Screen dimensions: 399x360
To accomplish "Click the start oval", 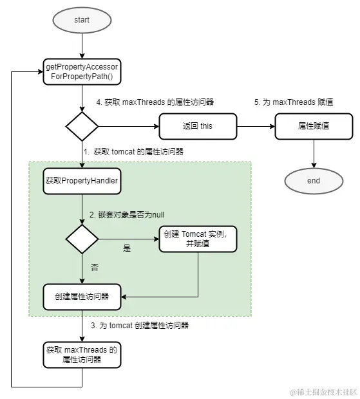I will point(82,20).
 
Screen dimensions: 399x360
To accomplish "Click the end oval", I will point(314,181).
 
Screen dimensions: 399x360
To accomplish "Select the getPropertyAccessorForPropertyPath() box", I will point(82,72).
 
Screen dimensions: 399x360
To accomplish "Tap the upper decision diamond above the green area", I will point(82,125).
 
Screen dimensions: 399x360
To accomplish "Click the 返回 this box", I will point(198,125).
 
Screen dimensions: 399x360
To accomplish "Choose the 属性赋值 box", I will point(314,125).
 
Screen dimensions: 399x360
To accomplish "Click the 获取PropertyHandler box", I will point(82,181).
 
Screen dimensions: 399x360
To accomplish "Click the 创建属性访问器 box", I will point(82,296).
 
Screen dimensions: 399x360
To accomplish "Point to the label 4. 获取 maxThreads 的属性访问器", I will point(155,102).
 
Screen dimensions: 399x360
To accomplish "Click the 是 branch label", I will point(126,248).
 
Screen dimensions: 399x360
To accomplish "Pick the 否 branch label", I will point(95,266).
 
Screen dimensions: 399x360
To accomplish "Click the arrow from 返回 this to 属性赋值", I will point(256,125).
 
